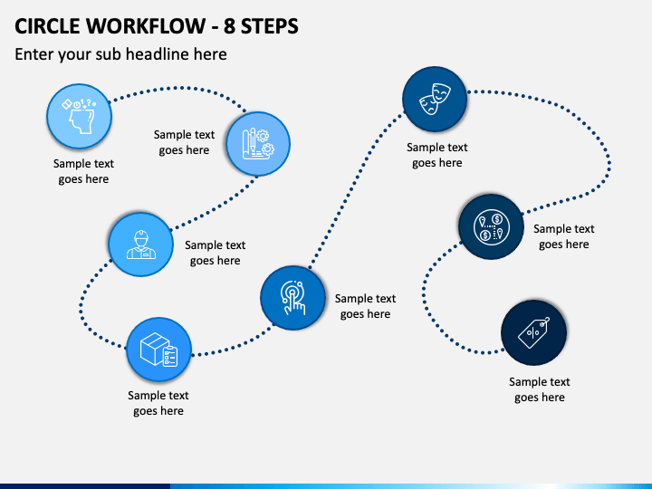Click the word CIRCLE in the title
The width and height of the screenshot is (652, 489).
(x=47, y=25)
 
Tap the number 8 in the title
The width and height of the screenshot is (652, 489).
(x=229, y=25)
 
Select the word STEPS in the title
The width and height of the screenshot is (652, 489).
(x=270, y=25)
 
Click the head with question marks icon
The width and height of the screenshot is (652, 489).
(x=80, y=116)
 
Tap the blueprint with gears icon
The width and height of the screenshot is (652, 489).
(x=258, y=143)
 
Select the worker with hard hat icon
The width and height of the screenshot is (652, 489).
(x=141, y=244)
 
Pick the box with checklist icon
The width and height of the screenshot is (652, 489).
(x=158, y=350)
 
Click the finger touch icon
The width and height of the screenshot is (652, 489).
(x=292, y=298)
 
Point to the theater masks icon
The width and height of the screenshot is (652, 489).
(x=435, y=99)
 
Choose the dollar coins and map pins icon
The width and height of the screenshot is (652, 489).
(x=491, y=227)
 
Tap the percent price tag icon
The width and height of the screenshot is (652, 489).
(x=534, y=332)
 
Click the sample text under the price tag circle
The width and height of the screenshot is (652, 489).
(x=540, y=389)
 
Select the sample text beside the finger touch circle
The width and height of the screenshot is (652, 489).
(x=365, y=306)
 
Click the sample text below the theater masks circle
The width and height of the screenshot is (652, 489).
(x=437, y=155)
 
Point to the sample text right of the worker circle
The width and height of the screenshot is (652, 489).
(x=215, y=253)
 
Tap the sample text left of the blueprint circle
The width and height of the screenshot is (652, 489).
(x=184, y=142)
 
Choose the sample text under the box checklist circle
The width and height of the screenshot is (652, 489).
(x=158, y=403)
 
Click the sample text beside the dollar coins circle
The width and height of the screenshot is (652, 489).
(x=564, y=236)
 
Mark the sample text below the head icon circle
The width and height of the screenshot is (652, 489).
(x=83, y=171)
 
